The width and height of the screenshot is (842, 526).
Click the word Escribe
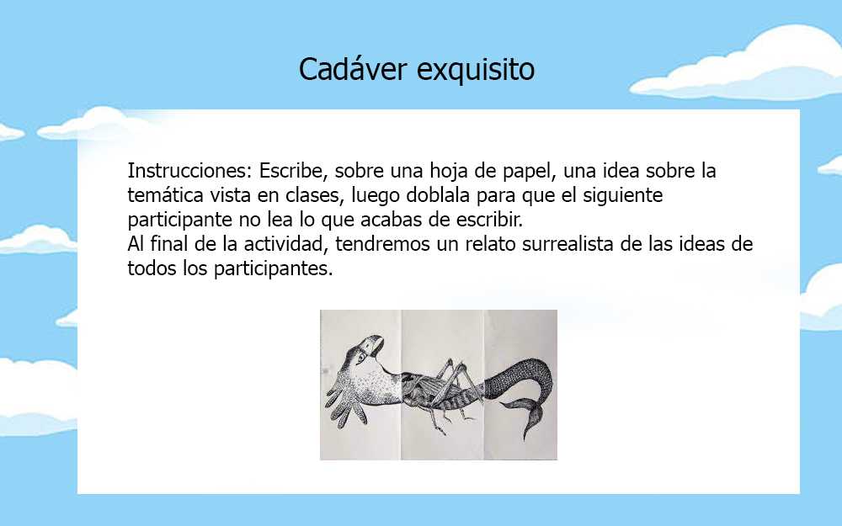(x=294, y=171)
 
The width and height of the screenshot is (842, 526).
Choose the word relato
(x=490, y=244)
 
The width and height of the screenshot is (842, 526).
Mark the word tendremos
(x=382, y=244)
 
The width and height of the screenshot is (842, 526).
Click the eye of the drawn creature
(x=361, y=356)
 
